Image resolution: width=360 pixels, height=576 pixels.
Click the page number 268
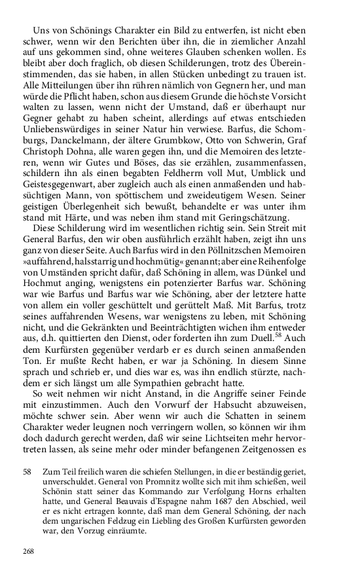point(28,551)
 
